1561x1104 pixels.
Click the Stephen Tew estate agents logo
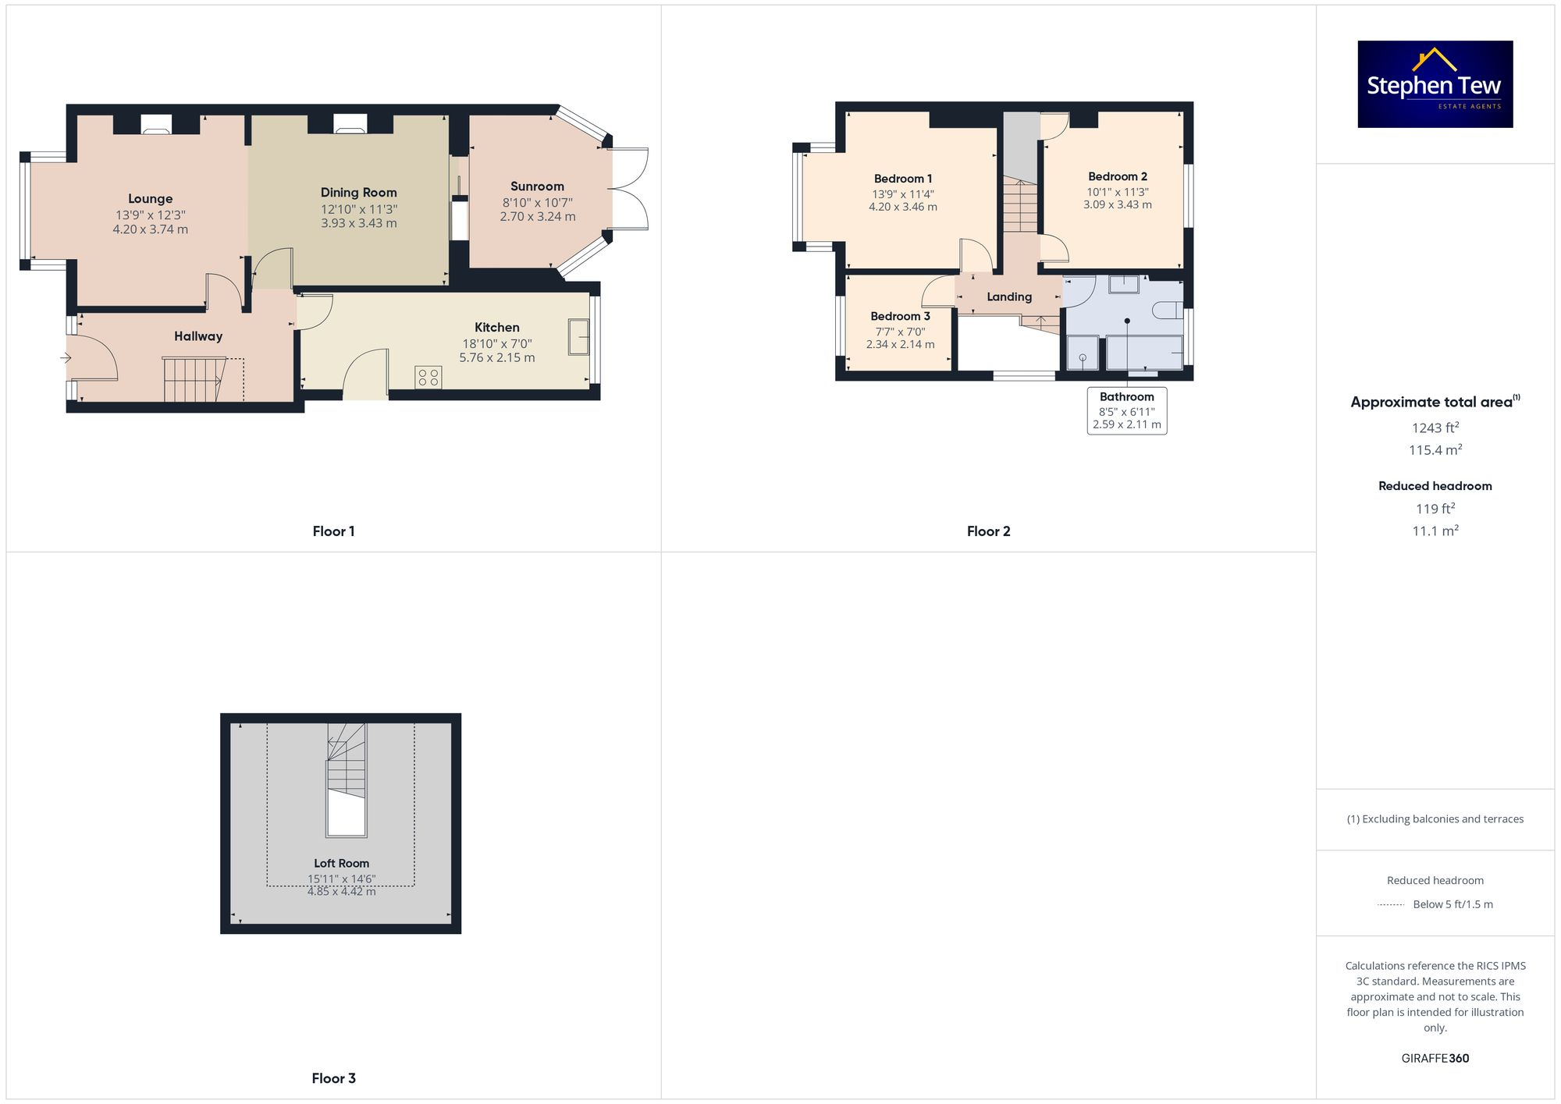pos(1435,84)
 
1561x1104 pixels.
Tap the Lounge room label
pos(150,199)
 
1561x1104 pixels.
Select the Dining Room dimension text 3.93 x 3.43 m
pos(358,223)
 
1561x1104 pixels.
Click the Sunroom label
pos(537,186)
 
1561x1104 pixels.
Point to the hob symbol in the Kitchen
pos(428,378)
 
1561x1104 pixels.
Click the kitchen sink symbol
pos(578,336)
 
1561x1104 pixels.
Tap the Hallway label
pos(198,336)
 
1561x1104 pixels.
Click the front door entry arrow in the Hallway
pos(66,358)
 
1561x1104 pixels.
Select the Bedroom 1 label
pos(903,179)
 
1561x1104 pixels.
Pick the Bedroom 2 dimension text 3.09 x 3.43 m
pos(1117,204)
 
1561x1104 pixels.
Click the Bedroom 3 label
pos(900,316)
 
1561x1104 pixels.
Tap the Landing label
pos(1009,296)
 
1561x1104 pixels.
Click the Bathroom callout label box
pos(1126,410)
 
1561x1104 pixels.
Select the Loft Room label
pos(341,863)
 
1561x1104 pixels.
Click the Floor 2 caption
pos(988,531)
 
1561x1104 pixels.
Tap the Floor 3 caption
pos(333,1078)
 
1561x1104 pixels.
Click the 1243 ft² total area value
pos(1435,428)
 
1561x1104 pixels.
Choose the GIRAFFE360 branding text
pos(1435,1058)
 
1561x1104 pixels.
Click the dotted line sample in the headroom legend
pos(1391,905)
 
